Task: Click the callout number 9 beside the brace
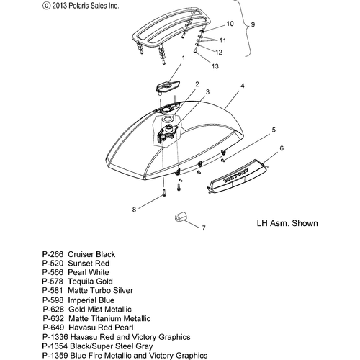tap(253, 24)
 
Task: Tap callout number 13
tap(215, 66)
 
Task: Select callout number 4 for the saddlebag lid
tap(243, 86)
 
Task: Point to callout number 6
tap(282, 148)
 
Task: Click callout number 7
tap(204, 228)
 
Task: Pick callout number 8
tap(134, 210)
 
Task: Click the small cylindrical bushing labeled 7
tap(181, 217)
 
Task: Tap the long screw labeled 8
tap(164, 193)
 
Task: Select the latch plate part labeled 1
tap(168, 86)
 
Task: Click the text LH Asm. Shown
tap(287, 223)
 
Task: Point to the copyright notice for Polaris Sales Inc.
tap(81, 6)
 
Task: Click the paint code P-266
tap(53, 254)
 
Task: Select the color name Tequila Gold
tap(90, 282)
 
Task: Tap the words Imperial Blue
tap(91, 300)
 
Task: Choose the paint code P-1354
tap(55, 346)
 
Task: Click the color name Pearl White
tap(89, 272)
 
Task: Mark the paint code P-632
tap(53, 318)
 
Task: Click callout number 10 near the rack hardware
tap(230, 24)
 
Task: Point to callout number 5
tap(274, 130)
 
